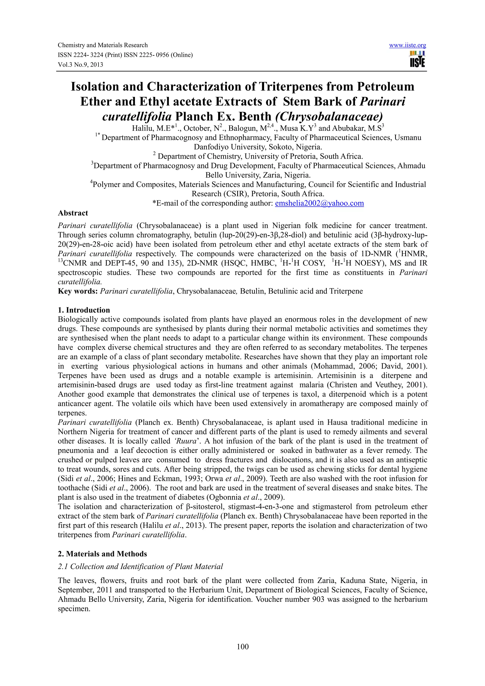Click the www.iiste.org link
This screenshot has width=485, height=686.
407,45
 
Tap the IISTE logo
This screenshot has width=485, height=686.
418,59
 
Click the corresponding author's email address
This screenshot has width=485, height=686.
319,204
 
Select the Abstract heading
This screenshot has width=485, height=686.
73,213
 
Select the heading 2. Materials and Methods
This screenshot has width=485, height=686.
102,554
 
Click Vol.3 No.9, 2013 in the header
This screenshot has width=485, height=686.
80,65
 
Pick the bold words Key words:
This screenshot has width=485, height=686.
78,291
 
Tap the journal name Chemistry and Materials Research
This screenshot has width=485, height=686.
103,45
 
